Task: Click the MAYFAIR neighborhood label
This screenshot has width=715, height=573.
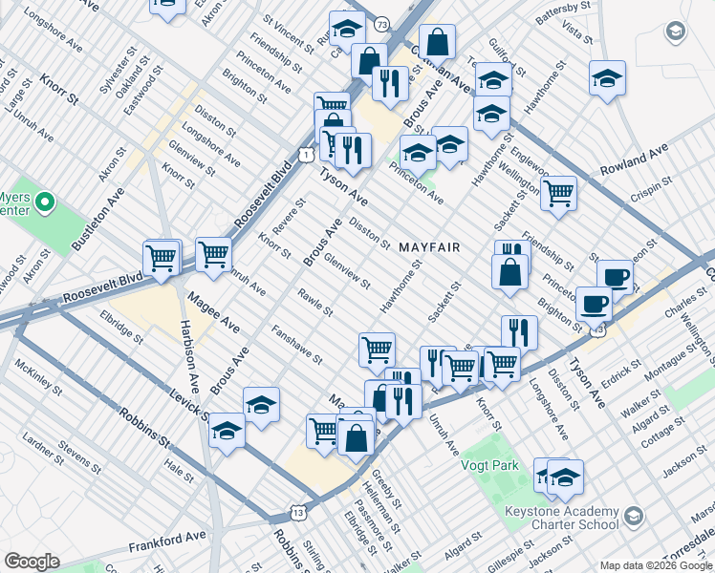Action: click(429, 247)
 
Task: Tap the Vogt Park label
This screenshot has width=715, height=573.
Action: click(505, 465)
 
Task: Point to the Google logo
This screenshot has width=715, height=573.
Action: click(32, 562)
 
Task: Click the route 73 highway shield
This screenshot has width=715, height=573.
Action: click(382, 23)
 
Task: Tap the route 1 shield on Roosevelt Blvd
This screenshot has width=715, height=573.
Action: click(305, 154)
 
